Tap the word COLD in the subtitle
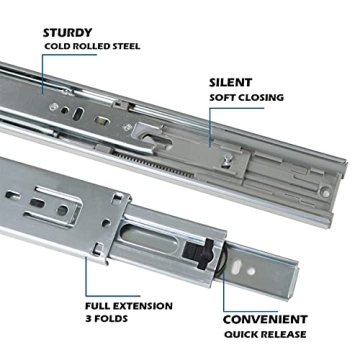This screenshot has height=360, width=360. pos(57,47)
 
